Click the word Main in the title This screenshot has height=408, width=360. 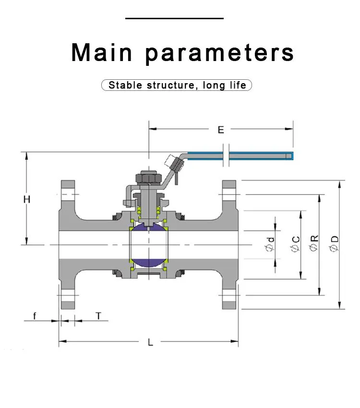102,52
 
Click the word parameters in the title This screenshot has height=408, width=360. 219,54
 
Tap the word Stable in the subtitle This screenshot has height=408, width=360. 125,85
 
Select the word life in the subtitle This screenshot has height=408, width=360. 238,85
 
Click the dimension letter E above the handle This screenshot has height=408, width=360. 221,130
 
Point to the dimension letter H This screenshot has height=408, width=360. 27,199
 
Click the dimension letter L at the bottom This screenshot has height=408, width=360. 150,342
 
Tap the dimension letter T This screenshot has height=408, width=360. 98,316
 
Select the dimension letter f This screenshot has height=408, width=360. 35,316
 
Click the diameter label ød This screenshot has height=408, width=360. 270,244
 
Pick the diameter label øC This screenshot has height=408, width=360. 296,244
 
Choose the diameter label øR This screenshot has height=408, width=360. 314,243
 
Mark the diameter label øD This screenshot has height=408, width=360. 334,244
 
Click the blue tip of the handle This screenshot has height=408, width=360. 289,156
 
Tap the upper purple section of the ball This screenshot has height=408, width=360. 149,226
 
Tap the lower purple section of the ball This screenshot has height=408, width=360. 149,263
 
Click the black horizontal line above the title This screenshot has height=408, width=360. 174,18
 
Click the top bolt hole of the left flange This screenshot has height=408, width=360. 68,194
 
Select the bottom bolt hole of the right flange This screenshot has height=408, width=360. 229,295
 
